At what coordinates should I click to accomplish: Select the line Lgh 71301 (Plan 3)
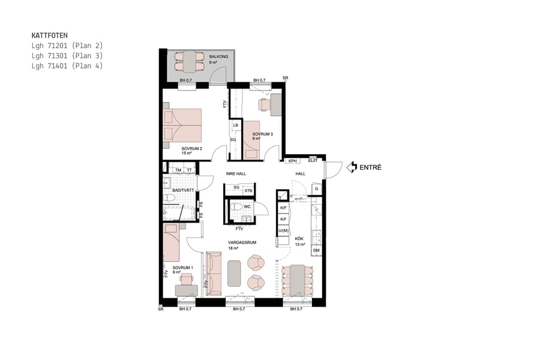(67, 56)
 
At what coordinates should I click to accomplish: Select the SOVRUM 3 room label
(262, 134)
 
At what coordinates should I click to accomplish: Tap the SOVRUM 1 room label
(182, 268)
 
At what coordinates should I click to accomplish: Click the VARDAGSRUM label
(242, 242)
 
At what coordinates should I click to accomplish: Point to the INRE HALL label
(236, 173)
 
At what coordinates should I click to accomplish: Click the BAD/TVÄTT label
(175, 191)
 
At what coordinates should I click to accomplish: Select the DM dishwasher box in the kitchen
(316, 250)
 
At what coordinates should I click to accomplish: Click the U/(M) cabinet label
(283, 231)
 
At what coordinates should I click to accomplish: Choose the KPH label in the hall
(292, 161)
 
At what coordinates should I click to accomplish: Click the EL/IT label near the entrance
(312, 161)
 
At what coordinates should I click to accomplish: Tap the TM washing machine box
(178, 170)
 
